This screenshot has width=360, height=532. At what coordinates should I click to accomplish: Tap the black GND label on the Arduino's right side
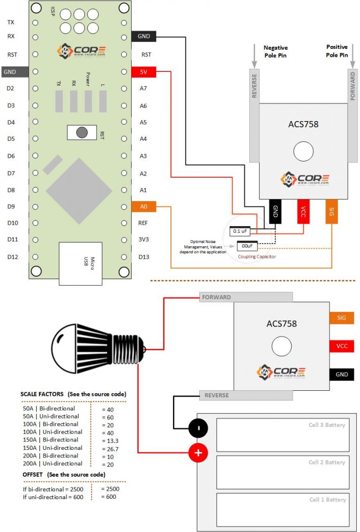144,36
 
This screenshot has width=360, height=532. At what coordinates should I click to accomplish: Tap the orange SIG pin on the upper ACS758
331,211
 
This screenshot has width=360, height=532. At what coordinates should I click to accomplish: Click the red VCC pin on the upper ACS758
303,211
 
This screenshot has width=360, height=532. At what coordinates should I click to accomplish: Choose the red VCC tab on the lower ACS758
341,346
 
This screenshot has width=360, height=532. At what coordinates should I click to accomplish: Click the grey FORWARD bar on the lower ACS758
246,297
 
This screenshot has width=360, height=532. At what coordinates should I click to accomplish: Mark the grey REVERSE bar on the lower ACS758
246,395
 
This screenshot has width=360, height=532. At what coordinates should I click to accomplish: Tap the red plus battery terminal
198,453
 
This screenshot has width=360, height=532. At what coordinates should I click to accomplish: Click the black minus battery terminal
198,428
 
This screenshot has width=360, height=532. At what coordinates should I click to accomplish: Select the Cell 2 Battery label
327,463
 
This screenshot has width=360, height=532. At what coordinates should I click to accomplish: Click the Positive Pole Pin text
337,51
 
